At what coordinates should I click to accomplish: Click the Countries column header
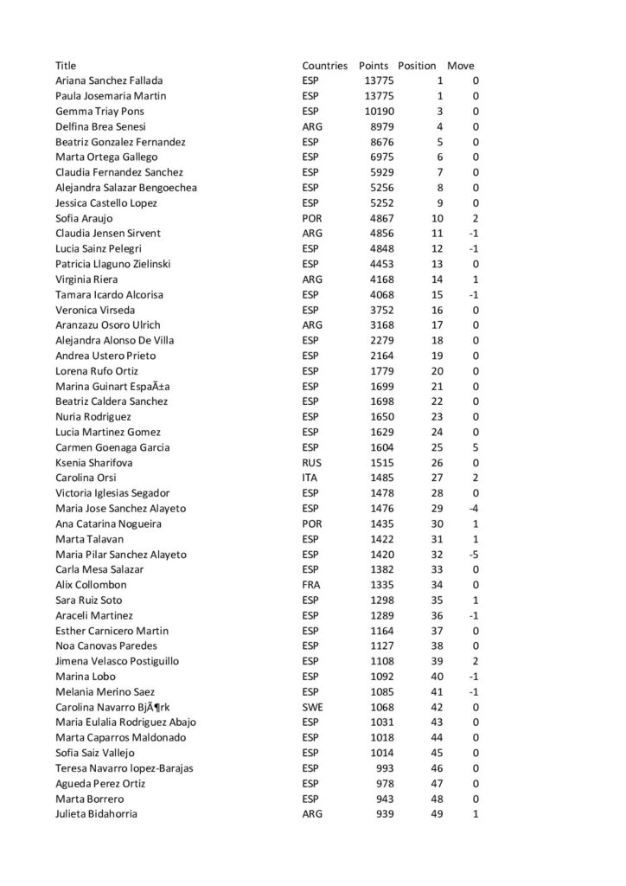(324, 66)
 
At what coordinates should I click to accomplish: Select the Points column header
(374, 66)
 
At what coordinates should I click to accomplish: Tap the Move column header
(460, 66)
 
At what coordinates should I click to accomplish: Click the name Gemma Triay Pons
(99, 112)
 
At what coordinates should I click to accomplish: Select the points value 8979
(381, 126)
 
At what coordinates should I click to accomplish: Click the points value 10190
(379, 112)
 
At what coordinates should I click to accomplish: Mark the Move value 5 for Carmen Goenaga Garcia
(476, 447)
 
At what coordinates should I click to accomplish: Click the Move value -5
(473, 555)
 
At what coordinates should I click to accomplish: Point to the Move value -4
(473, 509)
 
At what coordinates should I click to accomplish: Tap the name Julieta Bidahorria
(96, 814)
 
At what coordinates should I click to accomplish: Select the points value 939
(385, 814)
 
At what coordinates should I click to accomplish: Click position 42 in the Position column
(437, 708)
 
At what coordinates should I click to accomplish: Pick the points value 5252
(381, 203)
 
